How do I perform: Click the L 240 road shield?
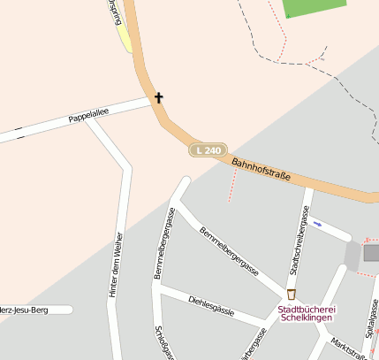[209, 151]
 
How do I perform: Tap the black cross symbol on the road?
[159, 97]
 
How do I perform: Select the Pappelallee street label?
[87, 117]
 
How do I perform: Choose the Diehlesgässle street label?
[211, 305]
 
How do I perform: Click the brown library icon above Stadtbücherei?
[292, 294]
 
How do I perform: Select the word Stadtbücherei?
[307, 309]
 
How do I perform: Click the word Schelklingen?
[307, 319]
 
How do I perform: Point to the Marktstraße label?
[348, 347]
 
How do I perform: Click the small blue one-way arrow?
[317, 225]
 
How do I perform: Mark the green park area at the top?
[314, 8]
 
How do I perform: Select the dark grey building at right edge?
[371, 253]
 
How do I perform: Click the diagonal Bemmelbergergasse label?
[229, 250]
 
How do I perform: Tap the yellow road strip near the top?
[124, 37]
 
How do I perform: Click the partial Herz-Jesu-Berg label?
[35, 310]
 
